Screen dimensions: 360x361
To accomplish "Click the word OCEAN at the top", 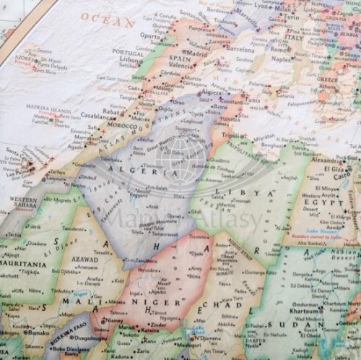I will point(108,19).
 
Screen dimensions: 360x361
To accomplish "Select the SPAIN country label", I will point(179,59).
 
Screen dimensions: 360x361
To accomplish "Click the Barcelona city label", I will point(240,50).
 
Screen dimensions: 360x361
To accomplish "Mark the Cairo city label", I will point(340,174).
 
